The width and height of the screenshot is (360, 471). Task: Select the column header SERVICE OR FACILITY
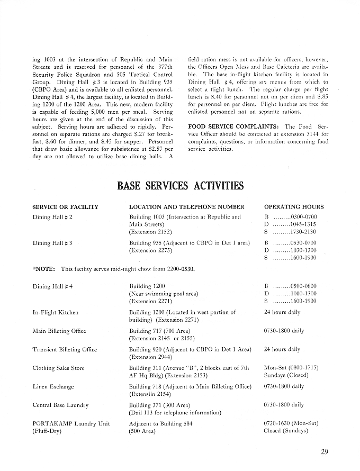[65, 207]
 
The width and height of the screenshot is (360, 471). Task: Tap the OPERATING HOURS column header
[294, 207]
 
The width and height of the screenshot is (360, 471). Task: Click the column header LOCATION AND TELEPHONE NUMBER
[186, 207]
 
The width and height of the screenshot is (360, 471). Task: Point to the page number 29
[325, 451]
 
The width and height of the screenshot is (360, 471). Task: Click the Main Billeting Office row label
[59, 331]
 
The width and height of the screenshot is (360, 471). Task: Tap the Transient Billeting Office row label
[65, 349]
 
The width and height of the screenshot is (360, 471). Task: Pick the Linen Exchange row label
[53, 386]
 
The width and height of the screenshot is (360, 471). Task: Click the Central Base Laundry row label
[60, 405]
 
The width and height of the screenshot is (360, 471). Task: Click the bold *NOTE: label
[44, 269]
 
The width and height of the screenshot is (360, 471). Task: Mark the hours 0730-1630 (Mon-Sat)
[291, 423]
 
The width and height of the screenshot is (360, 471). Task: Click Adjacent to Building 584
[161, 423]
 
